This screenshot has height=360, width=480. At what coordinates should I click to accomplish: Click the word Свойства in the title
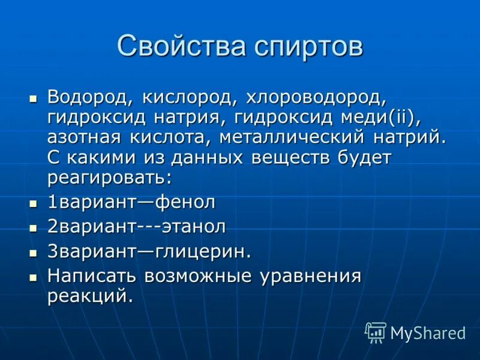click(x=171, y=47)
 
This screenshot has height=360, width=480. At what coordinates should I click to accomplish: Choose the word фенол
click(x=185, y=202)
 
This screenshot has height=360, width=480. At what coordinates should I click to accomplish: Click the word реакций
click(x=90, y=296)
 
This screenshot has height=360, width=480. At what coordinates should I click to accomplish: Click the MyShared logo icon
click(x=375, y=332)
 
